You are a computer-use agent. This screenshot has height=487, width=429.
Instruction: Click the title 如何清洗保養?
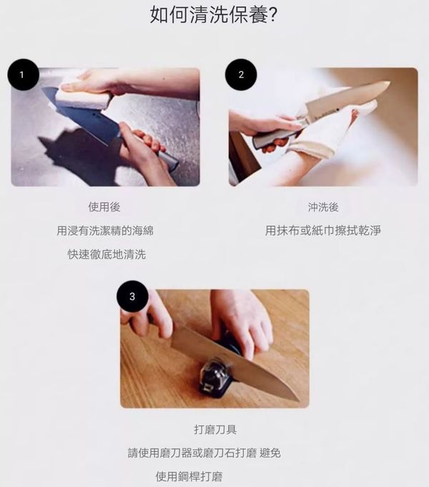click(x=213, y=14)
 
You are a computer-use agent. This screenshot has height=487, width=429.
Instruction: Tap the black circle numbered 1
click(x=24, y=74)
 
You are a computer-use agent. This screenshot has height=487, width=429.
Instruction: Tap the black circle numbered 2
click(x=241, y=74)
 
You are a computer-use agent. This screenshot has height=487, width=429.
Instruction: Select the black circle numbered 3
click(x=132, y=296)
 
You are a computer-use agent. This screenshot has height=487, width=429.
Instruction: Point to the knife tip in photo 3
click(x=298, y=400)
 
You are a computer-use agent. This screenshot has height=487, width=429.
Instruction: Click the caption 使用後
click(x=104, y=207)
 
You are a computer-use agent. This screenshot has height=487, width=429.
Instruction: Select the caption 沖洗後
click(x=323, y=207)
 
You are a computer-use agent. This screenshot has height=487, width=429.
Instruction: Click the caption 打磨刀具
click(x=215, y=430)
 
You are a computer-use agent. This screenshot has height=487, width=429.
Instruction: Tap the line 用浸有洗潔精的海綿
click(x=105, y=231)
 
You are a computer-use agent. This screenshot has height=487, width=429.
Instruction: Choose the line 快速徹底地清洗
click(x=107, y=254)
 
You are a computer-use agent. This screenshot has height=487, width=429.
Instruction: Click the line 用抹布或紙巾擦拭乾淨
click(x=322, y=231)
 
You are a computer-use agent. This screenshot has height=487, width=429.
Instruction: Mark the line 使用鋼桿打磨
click(x=189, y=476)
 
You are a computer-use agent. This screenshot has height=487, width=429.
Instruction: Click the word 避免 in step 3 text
click(x=270, y=453)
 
